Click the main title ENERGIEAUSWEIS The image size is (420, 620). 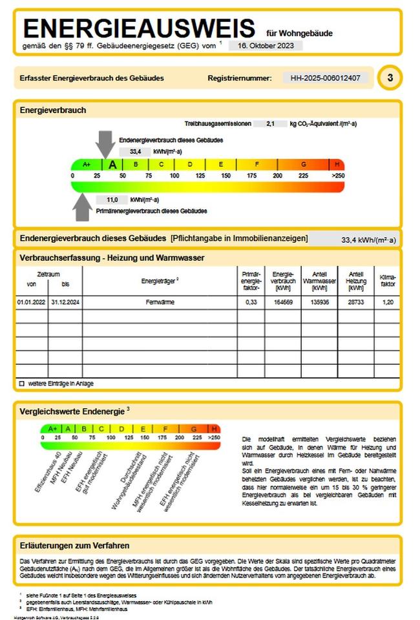(139, 29)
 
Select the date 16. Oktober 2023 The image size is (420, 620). (265, 46)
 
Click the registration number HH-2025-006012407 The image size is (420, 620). (329, 78)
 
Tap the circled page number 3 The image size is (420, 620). (390, 78)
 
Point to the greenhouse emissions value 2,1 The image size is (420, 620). (271, 123)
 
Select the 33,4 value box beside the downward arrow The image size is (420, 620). (135, 152)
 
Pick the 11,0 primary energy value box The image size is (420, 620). (112, 200)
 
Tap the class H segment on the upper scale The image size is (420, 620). (337, 165)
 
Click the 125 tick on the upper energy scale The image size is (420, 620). (200, 176)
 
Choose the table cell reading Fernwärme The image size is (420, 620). (160, 302)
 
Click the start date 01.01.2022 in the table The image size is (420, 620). (32, 302)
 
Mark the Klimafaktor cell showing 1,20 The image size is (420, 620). (387, 302)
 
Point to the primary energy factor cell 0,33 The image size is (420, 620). (251, 302)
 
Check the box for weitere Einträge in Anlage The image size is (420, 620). (21, 384)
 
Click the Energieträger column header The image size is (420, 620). (160, 281)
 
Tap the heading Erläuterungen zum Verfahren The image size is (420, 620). (75, 545)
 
